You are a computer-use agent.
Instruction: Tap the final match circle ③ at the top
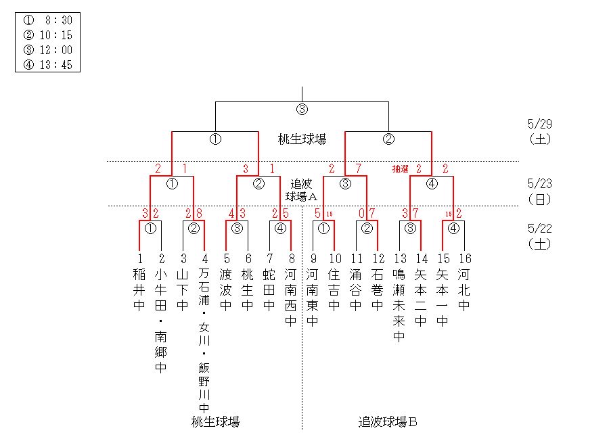point(302,110)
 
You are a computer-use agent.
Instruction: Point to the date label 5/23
point(539,184)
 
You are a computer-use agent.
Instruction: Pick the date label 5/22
point(539,229)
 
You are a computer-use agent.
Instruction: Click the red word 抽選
point(401,169)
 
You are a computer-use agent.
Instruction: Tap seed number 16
point(464,258)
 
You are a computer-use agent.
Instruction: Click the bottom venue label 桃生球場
point(215,423)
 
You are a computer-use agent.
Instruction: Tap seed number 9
point(313,258)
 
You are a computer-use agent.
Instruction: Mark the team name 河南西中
point(291,298)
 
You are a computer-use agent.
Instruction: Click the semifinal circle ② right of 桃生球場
point(388,140)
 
